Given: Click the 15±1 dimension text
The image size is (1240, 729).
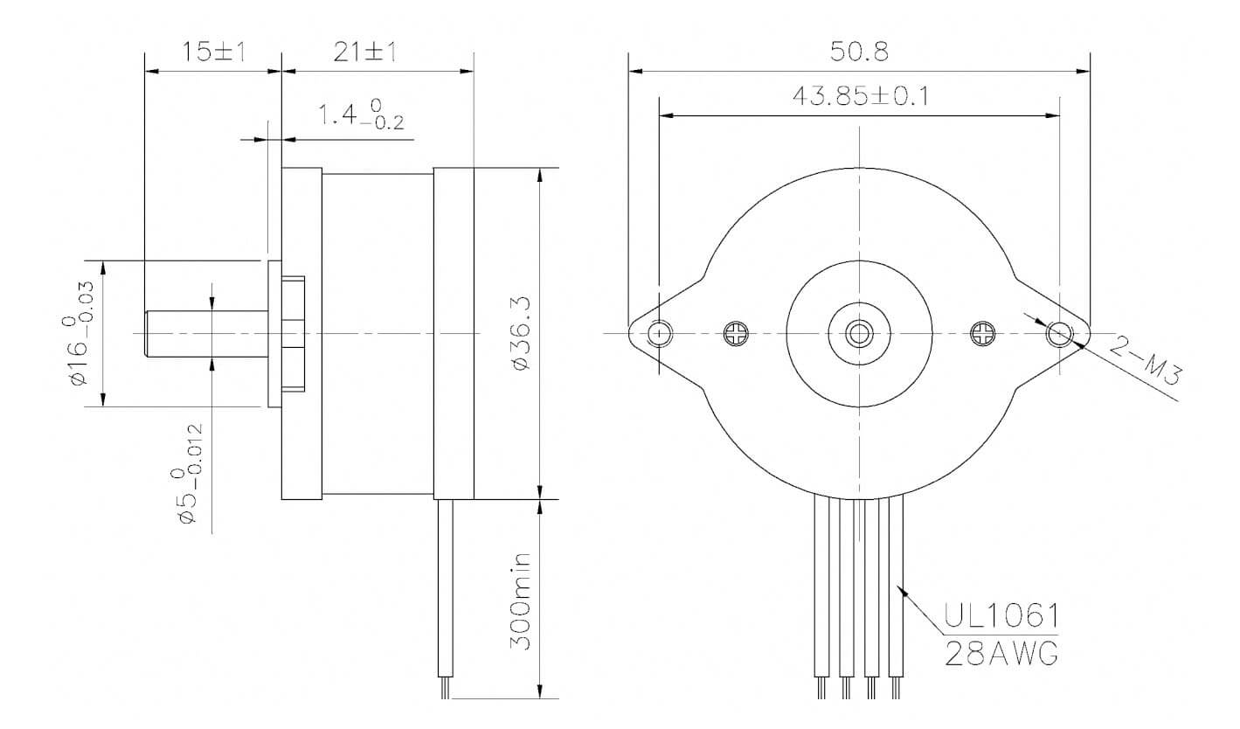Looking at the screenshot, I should (212, 52).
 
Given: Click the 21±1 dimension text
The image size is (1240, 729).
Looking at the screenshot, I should (364, 52).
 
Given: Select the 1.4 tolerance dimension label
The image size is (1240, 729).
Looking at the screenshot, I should (359, 114).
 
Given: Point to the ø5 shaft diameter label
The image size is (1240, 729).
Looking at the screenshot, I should (190, 475).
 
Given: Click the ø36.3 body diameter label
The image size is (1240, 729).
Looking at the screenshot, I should (522, 333).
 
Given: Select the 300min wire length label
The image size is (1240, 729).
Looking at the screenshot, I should (522, 601).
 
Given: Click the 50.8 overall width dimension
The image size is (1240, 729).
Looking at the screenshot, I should (859, 52).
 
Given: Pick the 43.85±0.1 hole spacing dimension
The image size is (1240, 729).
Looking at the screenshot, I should (860, 95).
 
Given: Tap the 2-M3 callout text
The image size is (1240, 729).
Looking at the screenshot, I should (1146, 362).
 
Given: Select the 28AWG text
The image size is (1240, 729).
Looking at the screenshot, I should (1001, 652).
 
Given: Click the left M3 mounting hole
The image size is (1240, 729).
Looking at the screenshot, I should (661, 333).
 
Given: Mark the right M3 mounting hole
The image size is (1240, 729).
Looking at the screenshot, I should (1059, 333).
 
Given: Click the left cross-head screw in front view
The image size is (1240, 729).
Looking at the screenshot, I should (736, 333).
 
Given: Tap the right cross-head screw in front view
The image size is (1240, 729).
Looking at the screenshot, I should (983, 333).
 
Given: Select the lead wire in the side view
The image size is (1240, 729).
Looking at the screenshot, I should (446, 594).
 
